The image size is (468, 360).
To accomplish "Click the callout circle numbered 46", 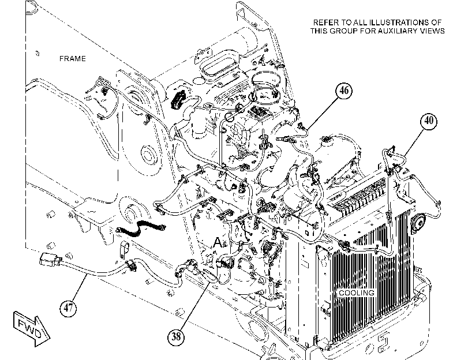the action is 344,91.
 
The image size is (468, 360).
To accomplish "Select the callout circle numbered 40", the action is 429,121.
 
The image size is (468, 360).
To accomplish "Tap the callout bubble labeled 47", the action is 68,307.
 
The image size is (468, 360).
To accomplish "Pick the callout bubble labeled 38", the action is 176,336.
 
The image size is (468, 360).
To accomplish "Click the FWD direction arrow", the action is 31,328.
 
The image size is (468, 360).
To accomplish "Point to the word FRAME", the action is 73,59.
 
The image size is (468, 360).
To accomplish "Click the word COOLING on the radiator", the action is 357,293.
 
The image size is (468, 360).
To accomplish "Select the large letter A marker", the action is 218,242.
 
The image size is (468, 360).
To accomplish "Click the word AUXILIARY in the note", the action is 396,31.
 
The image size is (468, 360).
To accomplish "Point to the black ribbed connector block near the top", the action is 178,99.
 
